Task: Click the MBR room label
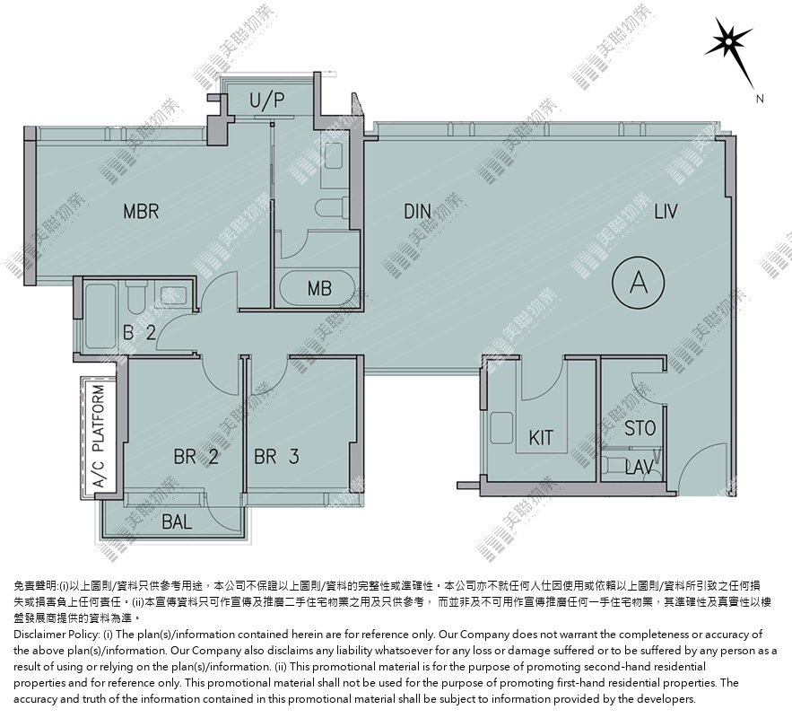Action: pos(141,211)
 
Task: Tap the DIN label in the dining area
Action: pos(418,211)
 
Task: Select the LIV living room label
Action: pos(666,211)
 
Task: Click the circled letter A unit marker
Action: pos(639,283)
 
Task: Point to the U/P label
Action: pos(266,100)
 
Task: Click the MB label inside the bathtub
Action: pos(319,289)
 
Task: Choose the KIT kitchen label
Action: pos(541,438)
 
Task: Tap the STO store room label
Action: pos(640,428)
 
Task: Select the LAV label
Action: pos(640,468)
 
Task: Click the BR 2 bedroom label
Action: pos(196,457)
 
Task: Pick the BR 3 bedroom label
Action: pos(276,457)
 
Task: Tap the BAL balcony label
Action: pos(177,521)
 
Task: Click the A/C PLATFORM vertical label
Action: pos(99,436)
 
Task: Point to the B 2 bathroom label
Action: pos(139,332)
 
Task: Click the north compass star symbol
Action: pos(728,39)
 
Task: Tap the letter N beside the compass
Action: pos(760,99)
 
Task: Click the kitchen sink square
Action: pos(501,428)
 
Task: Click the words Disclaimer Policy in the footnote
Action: pos(56,635)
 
